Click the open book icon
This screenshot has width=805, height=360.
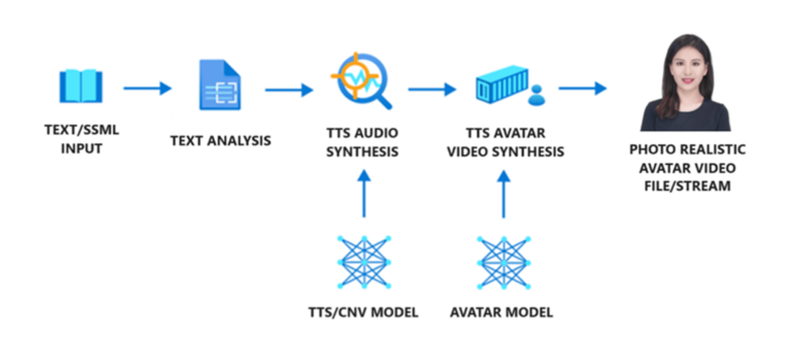click(x=81, y=87)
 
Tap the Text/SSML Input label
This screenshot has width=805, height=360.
click(x=82, y=140)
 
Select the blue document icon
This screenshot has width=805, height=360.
click(x=220, y=85)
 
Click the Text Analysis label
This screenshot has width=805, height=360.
click(x=221, y=140)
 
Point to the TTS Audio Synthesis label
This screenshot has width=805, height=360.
click(x=362, y=143)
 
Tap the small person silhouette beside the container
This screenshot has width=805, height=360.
click(x=536, y=96)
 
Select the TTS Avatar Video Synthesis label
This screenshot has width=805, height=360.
click(x=505, y=143)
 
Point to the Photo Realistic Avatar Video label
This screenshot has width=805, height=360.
click(x=687, y=168)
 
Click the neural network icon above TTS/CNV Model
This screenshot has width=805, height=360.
click(x=364, y=262)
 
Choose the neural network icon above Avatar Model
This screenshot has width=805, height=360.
click(x=504, y=262)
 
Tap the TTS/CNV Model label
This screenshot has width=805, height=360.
click(x=363, y=312)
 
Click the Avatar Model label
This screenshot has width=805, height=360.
click(x=501, y=312)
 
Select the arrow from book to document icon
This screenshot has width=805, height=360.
click(x=147, y=88)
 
